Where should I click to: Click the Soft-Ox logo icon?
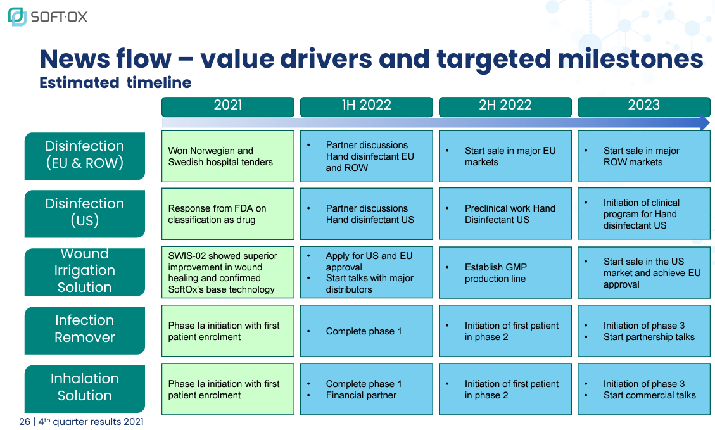(x=17, y=16)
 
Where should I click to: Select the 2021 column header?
(x=228, y=106)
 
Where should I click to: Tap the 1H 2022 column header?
(x=367, y=106)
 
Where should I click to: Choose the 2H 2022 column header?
(x=505, y=106)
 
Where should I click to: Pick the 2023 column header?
(x=644, y=106)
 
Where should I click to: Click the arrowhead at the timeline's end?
(x=705, y=123)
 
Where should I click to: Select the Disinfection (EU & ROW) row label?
(x=85, y=156)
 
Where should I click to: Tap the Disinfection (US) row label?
(x=85, y=214)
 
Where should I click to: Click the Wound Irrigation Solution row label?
(x=85, y=272)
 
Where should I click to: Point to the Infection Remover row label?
(x=85, y=331)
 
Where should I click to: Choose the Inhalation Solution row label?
(x=85, y=389)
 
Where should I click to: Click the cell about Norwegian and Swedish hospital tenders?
(x=228, y=156)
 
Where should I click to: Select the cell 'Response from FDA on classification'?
(x=228, y=214)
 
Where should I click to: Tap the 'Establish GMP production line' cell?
(x=505, y=273)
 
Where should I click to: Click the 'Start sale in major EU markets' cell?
(x=505, y=156)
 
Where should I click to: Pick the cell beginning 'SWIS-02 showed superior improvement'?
(x=228, y=273)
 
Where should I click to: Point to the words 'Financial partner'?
(x=361, y=395)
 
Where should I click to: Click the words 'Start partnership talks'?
(x=649, y=337)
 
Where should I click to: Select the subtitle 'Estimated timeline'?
(x=115, y=82)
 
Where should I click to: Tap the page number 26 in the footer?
(x=25, y=422)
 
